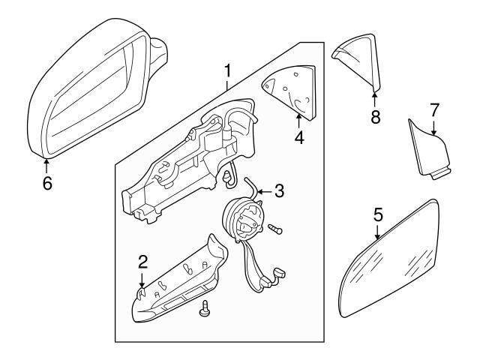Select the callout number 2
[143, 261]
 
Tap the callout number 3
[279, 191]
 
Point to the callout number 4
[299, 137]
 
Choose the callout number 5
[379, 214]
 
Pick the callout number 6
[46, 181]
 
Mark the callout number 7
[433, 109]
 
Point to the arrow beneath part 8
[375, 93]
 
